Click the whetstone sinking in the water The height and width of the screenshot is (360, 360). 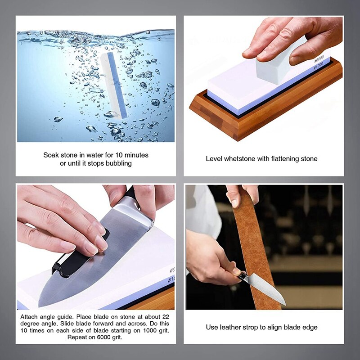114,85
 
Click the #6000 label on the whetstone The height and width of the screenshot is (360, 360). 319,59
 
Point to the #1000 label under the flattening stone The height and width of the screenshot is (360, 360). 319,66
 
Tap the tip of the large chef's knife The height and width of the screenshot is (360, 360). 39,306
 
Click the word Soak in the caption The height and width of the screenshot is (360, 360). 51,155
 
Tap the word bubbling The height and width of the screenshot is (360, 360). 118,164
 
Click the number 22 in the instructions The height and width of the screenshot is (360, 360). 166,317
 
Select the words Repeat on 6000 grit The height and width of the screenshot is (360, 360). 95,337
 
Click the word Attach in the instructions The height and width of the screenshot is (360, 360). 29,317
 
